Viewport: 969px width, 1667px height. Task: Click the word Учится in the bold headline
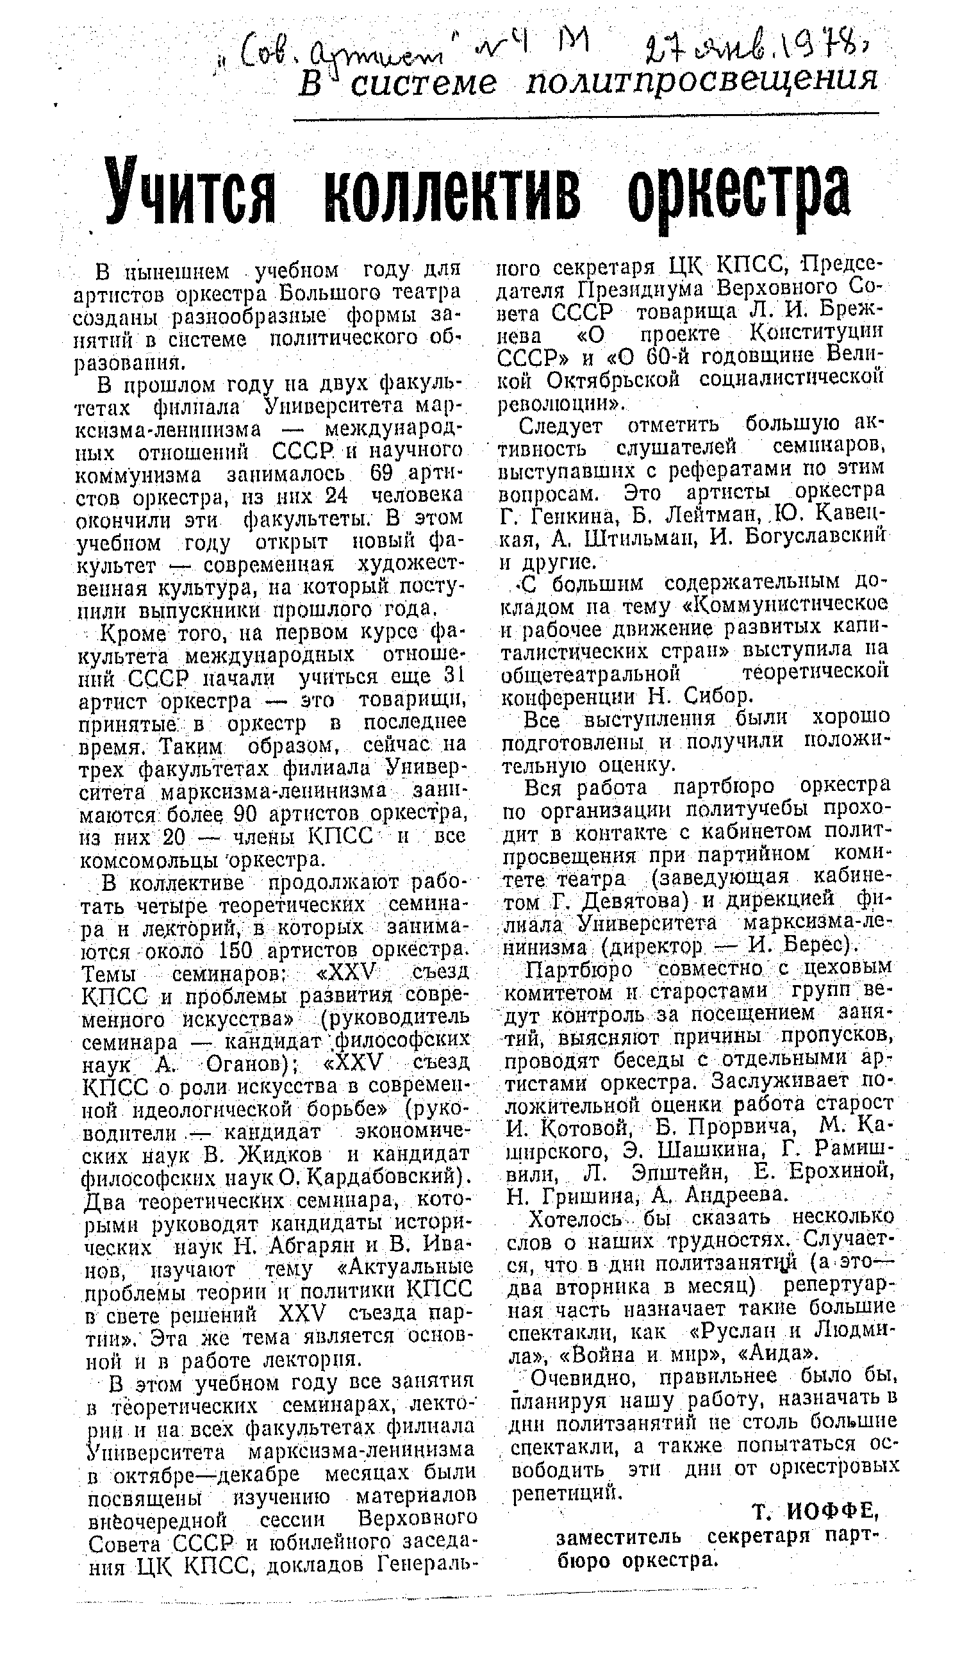tap(190, 191)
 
